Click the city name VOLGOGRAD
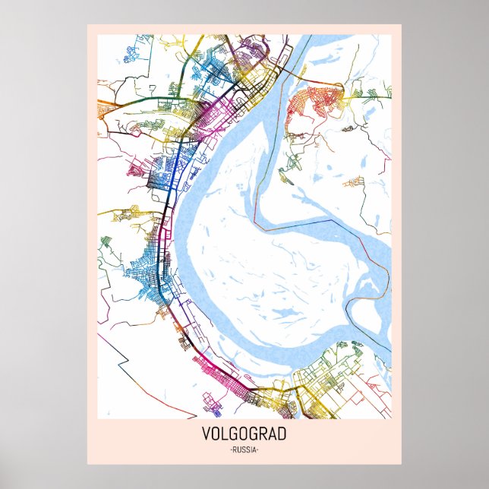[244, 435]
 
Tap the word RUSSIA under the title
[244, 450]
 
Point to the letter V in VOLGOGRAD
[206, 435]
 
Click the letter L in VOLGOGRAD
[225, 435]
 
